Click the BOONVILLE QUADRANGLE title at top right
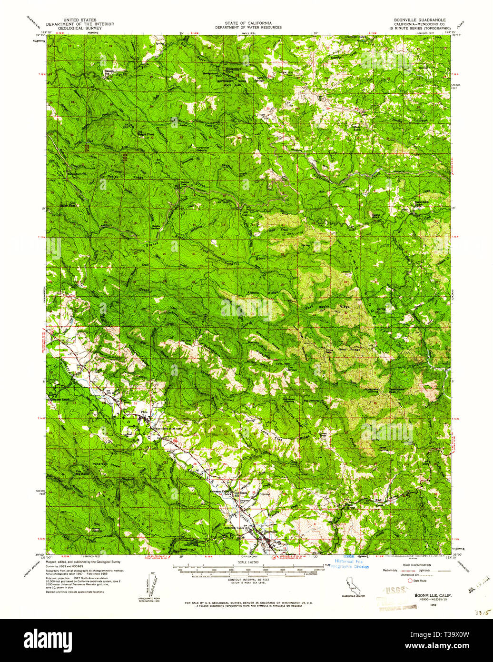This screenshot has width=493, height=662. tap(419, 20)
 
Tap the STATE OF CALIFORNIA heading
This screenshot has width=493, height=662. tap(248, 23)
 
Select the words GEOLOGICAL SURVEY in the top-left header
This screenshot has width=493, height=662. tap(80, 28)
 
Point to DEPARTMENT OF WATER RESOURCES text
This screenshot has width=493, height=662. tap(248, 27)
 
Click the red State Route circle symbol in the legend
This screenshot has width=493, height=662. tap(409, 581)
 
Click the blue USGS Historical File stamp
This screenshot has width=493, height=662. tap(352, 562)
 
